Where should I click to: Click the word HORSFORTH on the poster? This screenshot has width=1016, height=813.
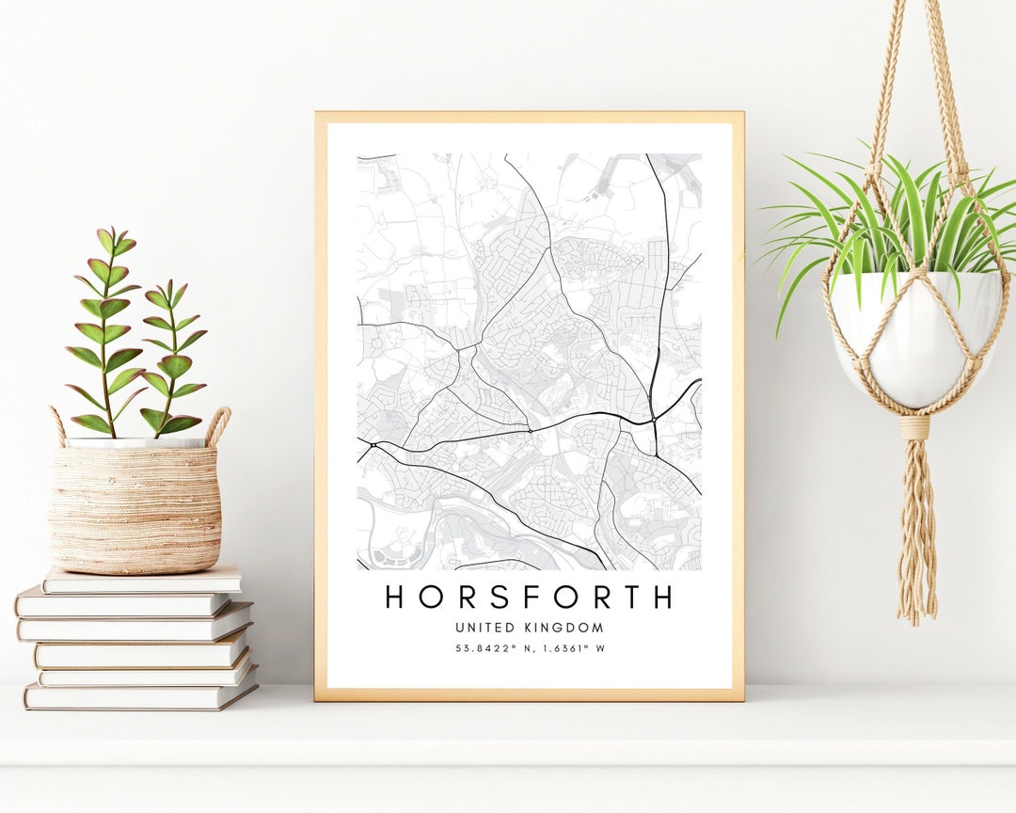pos(529,597)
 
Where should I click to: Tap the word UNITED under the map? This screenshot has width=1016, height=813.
pos(484,628)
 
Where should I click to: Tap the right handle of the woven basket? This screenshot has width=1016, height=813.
pos(218,424)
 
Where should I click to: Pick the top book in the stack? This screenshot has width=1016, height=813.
pos(141,581)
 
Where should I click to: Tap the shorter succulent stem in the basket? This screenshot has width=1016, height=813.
pos(172,358)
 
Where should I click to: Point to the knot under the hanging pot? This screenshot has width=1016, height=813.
pos(913,428)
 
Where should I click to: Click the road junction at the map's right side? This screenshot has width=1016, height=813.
pos(653,417)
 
